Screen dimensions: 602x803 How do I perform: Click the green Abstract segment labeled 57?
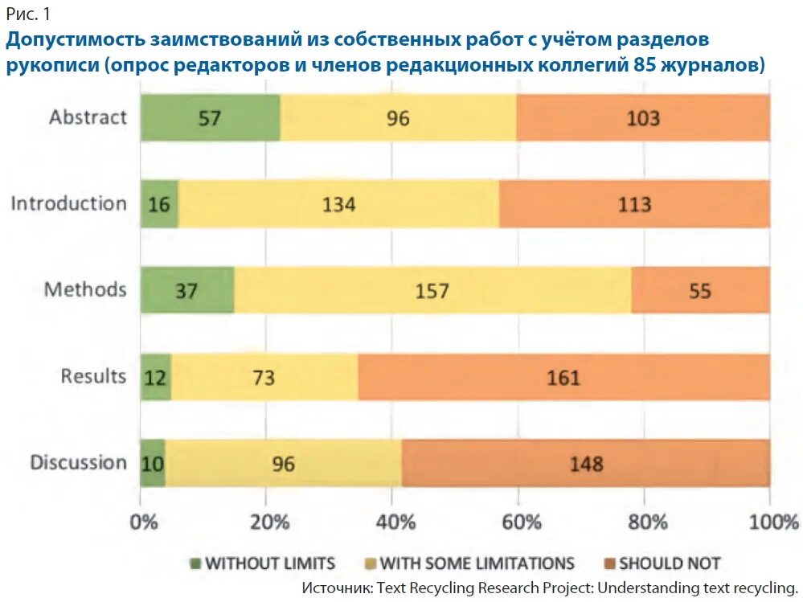(x=211, y=117)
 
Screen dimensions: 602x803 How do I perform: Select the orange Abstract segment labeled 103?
(x=643, y=117)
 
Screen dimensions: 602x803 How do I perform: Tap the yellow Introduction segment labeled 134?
(x=338, y=204)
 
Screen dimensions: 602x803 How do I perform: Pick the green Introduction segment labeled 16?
(x=159, y=204)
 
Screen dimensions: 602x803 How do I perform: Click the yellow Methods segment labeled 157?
(x=432, y=290)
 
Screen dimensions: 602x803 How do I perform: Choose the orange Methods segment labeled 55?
(x=700, y=290)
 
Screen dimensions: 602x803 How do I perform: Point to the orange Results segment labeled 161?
(x=563, y=377)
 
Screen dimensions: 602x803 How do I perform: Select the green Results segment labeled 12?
(x=156, y=377)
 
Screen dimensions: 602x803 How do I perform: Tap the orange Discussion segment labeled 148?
(x=585, y=463)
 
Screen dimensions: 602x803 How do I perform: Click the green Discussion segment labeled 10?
(x=153, y=463)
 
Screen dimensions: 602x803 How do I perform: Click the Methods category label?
(x=85, y=289)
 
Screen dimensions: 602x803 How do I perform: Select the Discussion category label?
(x=78, y=463)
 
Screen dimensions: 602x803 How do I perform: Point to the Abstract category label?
(x=88, y=117)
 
